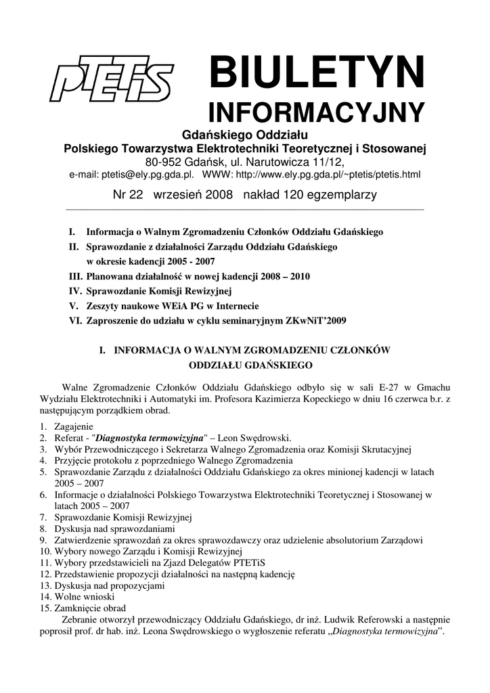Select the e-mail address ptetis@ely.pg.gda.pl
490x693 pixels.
coord(148,175)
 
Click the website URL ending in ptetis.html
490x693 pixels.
coord(328,175)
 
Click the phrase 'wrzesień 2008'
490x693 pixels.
coord(193,195)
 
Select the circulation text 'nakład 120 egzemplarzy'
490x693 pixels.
coord(309,195)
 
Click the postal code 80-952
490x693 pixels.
coord(167,162)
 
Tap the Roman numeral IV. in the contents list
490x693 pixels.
coord(76,291)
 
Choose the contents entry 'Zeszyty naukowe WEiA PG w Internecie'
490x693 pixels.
coord(172,306)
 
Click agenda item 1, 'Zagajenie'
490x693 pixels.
coord(74,426)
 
